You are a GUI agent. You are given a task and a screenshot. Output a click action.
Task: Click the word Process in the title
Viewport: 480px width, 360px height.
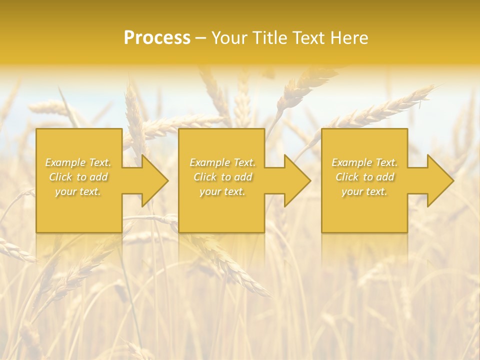[x=157, y=38]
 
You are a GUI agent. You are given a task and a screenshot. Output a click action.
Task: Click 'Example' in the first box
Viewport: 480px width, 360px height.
[x=65, y=162]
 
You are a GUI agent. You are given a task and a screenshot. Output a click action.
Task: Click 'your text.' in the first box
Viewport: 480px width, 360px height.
[x=78, y=191]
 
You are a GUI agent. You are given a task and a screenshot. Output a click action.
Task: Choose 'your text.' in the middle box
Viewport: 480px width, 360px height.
[x=222, y=191]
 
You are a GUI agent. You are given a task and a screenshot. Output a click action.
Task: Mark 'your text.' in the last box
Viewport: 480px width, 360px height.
[x=364, y=191]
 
